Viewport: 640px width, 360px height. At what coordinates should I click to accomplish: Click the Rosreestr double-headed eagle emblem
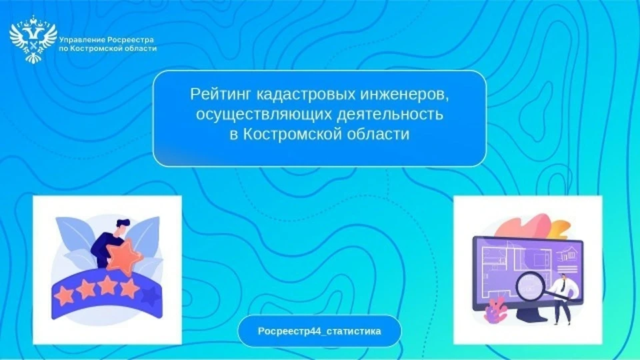coord(33,39)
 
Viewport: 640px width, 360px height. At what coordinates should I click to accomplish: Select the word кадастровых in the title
coord(306,94)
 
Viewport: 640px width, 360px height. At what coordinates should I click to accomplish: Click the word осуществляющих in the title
coord(264,115)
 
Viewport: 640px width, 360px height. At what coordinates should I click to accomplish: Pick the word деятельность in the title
coord(390,114)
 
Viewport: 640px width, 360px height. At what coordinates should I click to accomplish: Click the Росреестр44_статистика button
coord(319,331)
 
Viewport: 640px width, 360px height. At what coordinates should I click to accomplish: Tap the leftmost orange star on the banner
coord(64,295)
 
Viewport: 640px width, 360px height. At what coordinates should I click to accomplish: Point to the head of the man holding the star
coord(122,227)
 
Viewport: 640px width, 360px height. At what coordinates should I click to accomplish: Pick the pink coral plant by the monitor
coord(495,310)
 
